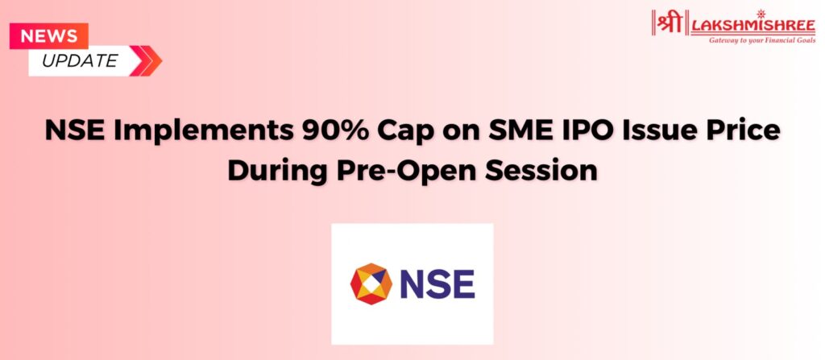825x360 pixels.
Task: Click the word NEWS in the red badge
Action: (x=48, y=36)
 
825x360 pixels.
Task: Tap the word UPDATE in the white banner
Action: (x=80, y=61)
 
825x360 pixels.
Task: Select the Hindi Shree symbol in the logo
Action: (x=670, y=23)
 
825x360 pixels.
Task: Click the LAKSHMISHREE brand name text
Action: (x=753, y=25)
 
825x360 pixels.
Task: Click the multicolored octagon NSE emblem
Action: (x=371, y=283)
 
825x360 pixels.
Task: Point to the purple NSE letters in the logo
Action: (x=437, y=283)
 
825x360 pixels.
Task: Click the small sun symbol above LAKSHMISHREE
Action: (x=761, y=14)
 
